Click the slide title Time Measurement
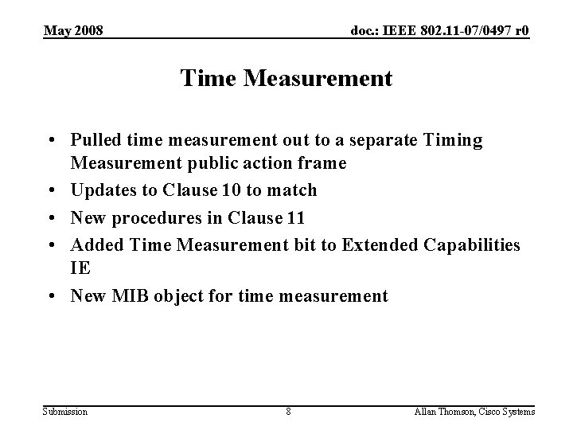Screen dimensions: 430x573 click(x=286, y=79)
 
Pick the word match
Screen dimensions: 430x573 click(x=294, y=190)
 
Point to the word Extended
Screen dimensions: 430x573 click(x=376, y=244)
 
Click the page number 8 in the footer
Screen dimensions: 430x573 click(x=288, y=411)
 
